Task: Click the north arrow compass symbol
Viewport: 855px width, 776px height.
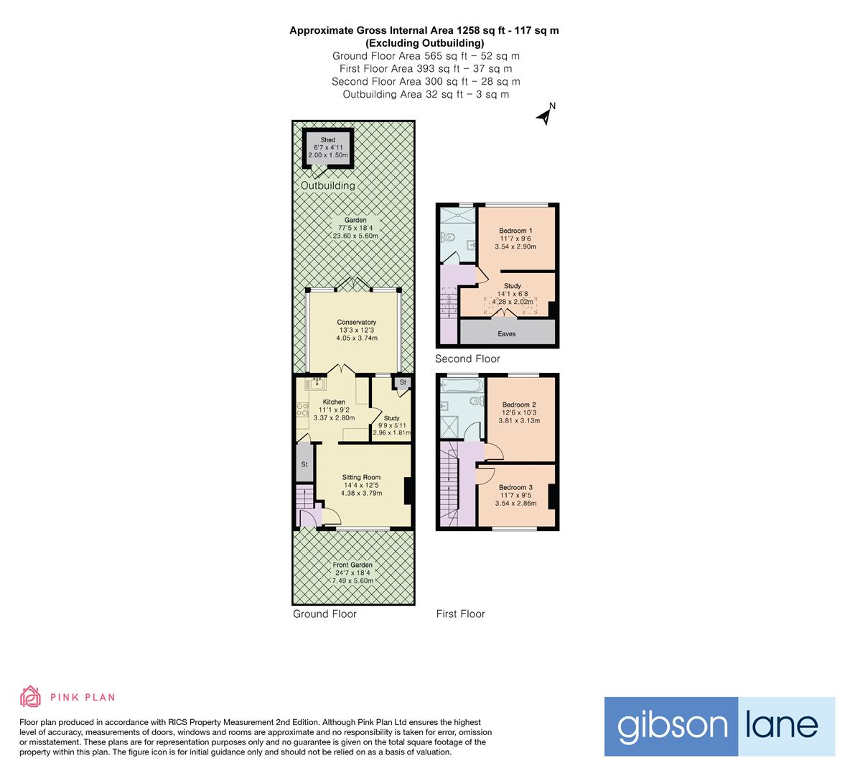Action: (546, 115)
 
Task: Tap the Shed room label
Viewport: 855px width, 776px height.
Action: (327, 140)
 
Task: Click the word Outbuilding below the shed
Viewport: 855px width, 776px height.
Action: (327, 185)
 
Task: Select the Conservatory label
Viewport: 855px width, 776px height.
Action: (357, 323)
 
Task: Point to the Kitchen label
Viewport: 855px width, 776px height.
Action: (334, 402)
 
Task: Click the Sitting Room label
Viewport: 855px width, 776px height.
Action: (361, 477)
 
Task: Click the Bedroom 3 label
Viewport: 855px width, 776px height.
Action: (515, 487)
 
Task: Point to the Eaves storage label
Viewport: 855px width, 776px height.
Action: (507, 334)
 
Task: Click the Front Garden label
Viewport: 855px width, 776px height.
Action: (352, 565)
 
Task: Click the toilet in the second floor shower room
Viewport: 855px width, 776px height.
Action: (451, 238)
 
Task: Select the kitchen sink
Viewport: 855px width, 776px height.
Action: (315, 385)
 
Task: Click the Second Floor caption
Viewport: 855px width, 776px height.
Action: (467, 359)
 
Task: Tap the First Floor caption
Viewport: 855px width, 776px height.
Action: (461, 614)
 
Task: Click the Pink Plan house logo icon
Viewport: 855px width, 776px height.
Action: (30, 696)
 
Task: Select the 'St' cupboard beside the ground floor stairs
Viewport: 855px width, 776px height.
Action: (304, 464)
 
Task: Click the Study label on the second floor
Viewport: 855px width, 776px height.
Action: (513, 286)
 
